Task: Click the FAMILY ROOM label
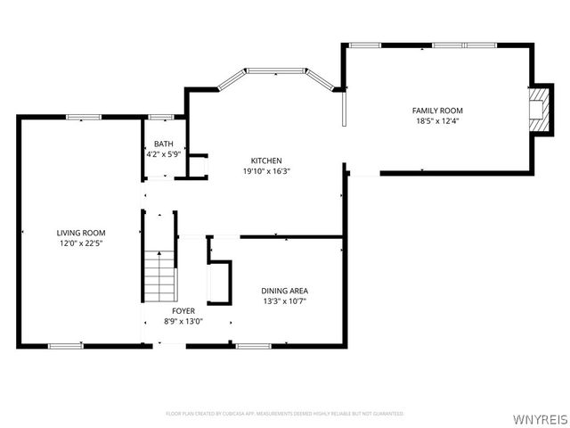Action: tap(437, 111)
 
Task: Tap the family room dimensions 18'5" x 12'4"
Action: tap(437, 121)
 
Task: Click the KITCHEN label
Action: tap(266, 160)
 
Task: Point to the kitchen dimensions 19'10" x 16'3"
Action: tap(266, 171)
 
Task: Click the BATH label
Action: tap(164, 144)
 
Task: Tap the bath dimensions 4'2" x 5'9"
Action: tap(164, 155)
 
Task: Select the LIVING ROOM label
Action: tap(81, 232)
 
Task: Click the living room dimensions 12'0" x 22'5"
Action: tap(81, 243)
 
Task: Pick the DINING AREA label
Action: tap(285, 291)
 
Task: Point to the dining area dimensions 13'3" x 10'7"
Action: tap(285, 301)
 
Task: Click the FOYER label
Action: tap(183, 310)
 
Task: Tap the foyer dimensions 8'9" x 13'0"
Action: tap(183, 321)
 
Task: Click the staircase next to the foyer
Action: tap(159, 276)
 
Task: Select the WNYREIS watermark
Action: tap(538, 416)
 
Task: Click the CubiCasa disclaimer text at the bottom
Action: tap(285, 414)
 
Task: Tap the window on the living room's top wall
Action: tap(84, 116)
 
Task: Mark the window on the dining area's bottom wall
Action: tap(253, 346)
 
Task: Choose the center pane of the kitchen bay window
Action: tap(275, 70)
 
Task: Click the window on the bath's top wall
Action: tap(161, 116)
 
